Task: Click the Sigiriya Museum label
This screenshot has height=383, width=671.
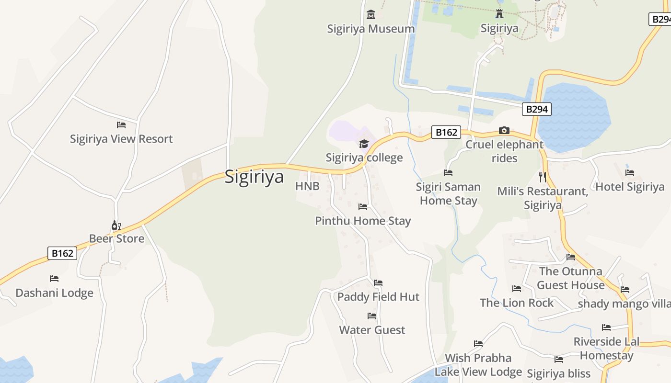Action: click(370, 29)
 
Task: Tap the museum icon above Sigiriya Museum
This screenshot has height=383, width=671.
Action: click(370, 15)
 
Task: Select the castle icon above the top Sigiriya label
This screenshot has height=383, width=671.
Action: click(499, 14)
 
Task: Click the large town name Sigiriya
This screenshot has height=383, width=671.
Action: click(254, 177)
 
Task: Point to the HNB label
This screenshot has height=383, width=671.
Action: click(307, 186)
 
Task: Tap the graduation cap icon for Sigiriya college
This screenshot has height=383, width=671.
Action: click(364, 144)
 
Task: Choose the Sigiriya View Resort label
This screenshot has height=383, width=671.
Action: click(121, 139)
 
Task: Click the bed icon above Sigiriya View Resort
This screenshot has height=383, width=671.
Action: click(121, 125)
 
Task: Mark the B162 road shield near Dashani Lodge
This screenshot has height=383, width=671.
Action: click(62, 253)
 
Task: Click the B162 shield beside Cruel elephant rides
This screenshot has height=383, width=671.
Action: click(446, 132)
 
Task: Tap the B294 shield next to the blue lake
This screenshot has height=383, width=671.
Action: click(536, 109)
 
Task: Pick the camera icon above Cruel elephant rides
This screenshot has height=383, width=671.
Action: click(504, 130)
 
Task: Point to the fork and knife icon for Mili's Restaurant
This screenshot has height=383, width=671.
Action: click(543, 177)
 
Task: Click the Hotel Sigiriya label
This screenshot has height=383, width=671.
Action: click(630, 187)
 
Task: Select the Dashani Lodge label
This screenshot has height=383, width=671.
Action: click(54, 293)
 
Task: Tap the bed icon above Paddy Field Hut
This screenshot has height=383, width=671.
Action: click(378, 283)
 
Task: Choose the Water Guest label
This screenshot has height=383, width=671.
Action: click(372, 330)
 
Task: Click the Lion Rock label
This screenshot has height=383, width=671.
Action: click(517, 303)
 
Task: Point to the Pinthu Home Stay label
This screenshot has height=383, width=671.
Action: click(363, 221)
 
